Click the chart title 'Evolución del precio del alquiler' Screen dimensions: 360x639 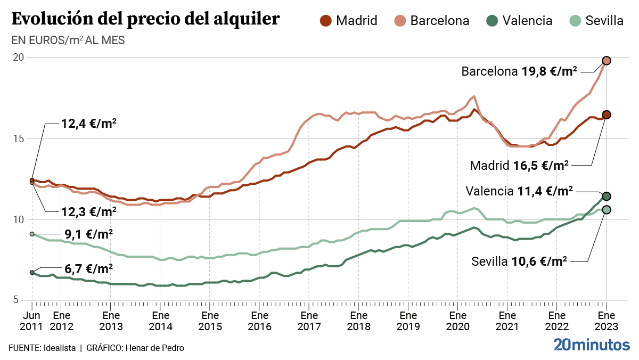coord(145,19)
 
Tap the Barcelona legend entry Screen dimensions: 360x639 coord(432,21)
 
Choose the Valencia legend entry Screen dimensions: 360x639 coord(520,21)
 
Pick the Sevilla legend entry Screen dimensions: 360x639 coord(596,21)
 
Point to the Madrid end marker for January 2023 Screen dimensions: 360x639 coord(606,114)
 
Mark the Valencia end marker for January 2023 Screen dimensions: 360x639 coord(606,197)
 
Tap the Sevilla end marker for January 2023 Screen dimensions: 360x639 coord(606,210)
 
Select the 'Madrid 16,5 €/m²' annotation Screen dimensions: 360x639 coord(519,165)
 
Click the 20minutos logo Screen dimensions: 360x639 coord(591,345)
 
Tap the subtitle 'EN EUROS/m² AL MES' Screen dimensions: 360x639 coord(68,40)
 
